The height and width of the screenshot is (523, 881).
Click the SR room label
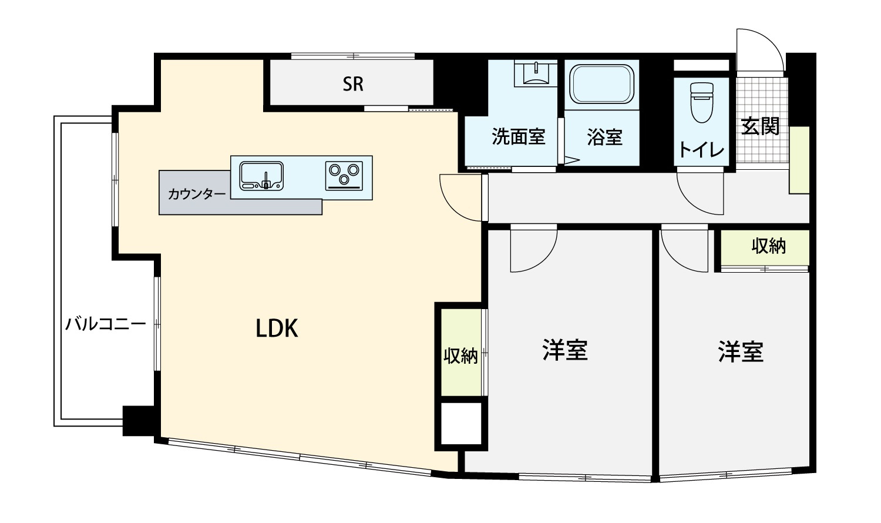(x=353, y=84)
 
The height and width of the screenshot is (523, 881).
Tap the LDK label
(x=277, y=328)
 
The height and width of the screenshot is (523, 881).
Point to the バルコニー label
(x=105, y=324)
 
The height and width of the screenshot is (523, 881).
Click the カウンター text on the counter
(x=197, y=193)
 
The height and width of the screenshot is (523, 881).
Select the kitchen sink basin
(x=261, y=176)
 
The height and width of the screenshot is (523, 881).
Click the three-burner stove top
(x=344, y=176)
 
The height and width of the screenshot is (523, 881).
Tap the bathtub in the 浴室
(x=602, y=84)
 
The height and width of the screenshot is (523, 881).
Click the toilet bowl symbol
(x=702, y=102)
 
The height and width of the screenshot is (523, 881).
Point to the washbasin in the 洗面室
(x=536, y=73)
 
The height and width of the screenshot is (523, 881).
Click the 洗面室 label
(x=519, y=136)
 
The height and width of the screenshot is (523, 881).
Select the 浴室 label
(x=604, y=137)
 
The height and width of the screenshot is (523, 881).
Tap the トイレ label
(x=701, y=150)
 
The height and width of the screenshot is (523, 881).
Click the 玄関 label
(x=760, y=126)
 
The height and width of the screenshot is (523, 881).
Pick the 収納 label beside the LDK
(x=460, y=356)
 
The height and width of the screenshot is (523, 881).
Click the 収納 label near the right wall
(x=768, y=246)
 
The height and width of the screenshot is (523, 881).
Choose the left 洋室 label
(x=565, y=350)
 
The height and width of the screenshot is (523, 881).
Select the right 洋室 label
(x=741, y=351)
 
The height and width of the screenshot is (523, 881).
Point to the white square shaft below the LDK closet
(x=461, y=424)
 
